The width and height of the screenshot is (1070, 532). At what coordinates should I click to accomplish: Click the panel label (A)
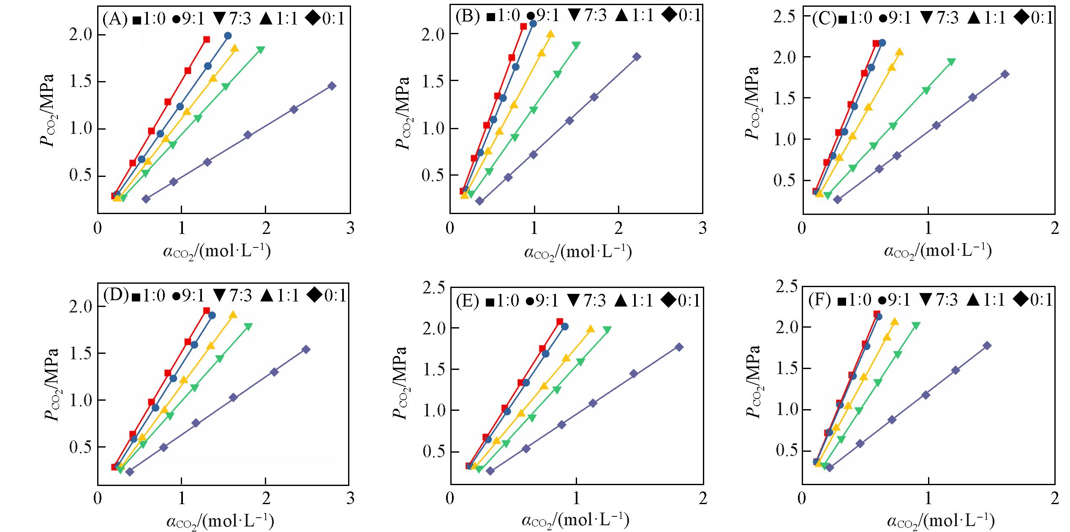[x=114, y=20]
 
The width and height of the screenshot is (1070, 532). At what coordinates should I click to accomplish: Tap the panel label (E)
[x=467, y=300]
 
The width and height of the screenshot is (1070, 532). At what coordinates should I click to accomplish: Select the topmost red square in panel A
[x=207, y=40]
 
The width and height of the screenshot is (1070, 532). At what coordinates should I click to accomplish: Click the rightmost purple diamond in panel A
[x=332, y=86]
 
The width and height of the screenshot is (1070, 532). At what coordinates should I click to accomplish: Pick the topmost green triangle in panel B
[x=576, y=45]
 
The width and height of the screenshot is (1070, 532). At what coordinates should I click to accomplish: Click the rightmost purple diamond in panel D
[x=306, y=350]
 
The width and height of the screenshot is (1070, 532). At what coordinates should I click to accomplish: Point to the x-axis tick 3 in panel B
[x=702, y=228]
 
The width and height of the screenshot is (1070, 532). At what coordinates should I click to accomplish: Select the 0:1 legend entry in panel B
[x=681, y=16]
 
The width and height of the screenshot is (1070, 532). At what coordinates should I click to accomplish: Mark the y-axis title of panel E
[x=399, y=383]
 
